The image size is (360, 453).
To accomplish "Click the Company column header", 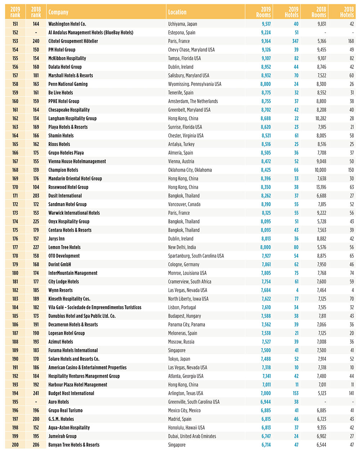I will click(58, 12).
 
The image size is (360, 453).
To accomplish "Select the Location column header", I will click(177, 12).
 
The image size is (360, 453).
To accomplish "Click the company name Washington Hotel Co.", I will click(67, 24).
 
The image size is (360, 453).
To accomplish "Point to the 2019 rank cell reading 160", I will click(15, 101).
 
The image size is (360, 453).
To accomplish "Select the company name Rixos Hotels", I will click(59, 144).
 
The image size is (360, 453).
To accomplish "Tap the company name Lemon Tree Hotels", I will click(64, 247).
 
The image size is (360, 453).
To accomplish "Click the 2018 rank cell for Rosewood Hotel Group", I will click(36, 187).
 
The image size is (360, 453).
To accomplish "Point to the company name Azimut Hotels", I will click(60, 342).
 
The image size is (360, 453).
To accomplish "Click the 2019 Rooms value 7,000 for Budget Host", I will click(266, 394).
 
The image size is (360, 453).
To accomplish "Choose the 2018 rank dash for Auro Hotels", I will click(36, 402).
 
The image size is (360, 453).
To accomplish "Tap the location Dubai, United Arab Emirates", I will click(192, 436).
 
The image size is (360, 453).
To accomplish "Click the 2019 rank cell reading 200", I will click(15, 445).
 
